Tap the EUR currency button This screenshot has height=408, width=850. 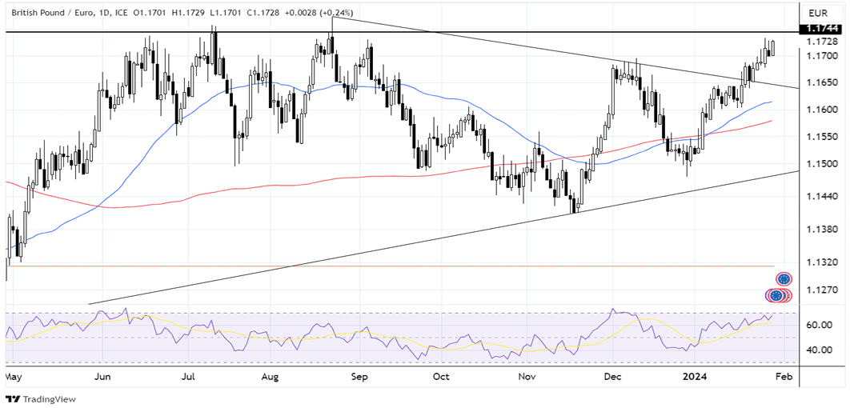pyautogui.click(x=817, y=13)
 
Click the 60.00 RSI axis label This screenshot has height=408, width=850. pyautogui.click(x=817, y=326)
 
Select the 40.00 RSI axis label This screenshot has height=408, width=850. pyautogui.click(x=817, y=350)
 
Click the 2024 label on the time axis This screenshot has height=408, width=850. pyautogui.click(x=700, y=374)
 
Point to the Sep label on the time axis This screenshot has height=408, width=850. pyautogui.click(x=359, y=374)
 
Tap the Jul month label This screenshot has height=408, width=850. pyautogui.click(x=189, y=374)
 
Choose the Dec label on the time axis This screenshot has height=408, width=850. pyautogui.click(x=614, y=374)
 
